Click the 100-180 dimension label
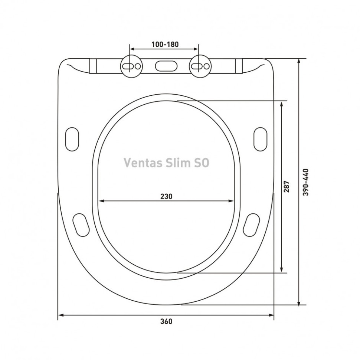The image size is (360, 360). [x=165, y=45]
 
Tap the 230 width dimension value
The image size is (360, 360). [x=166, y=196]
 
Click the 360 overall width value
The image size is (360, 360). [x=166, y=321]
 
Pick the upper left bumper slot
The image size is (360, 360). [x=72, y=139]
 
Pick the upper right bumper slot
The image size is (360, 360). [x=261, y=139]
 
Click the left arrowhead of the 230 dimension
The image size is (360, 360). [x=101, y=201]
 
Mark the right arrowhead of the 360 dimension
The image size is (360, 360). [x=271, y=315]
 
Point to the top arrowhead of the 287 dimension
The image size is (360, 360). [x=282, y=105]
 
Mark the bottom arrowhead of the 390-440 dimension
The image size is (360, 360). [x=299, y=302]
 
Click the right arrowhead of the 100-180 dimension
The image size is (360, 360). [x=196, y=49]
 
